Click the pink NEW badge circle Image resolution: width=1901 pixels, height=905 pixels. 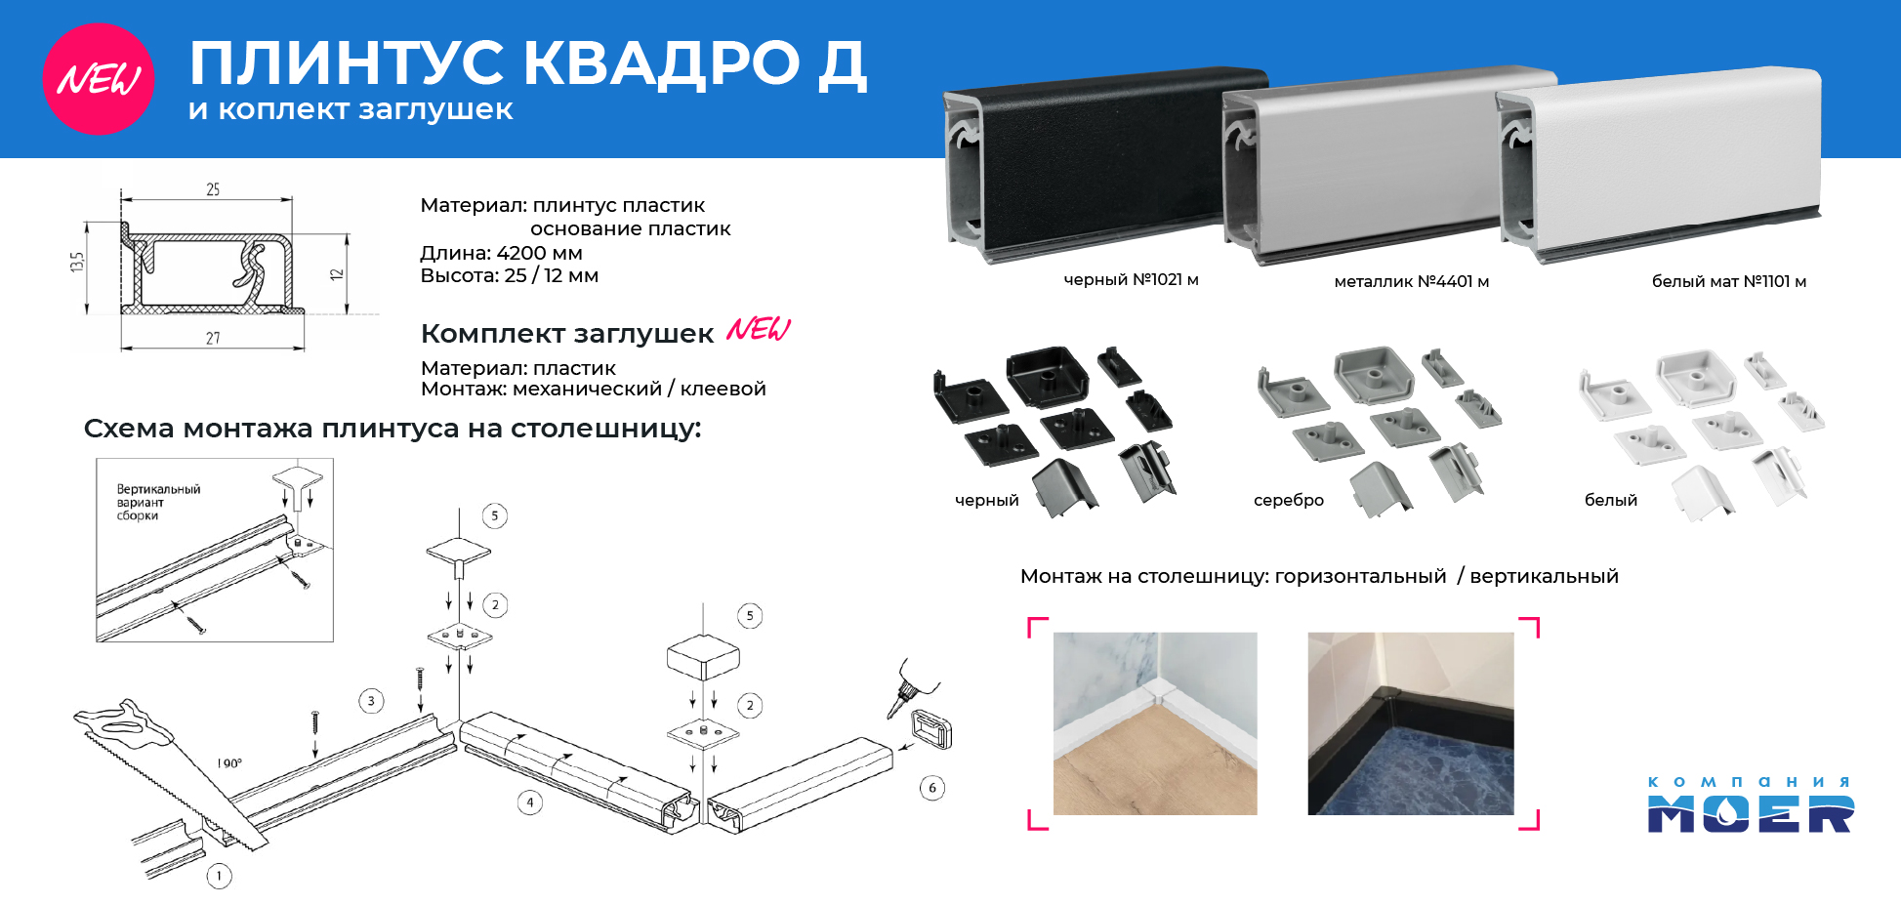coord(99,79)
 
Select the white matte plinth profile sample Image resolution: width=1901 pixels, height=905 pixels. coord(1660,161)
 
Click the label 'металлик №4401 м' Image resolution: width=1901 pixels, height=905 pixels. coord(1411,281)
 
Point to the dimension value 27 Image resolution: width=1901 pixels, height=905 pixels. coord(213,338)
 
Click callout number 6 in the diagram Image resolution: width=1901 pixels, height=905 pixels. coord(932,788)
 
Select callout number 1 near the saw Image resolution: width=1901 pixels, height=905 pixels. coord(219,876)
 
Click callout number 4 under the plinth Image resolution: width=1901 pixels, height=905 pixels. coord(530,802)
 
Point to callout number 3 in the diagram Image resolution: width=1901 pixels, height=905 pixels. coord(371,701)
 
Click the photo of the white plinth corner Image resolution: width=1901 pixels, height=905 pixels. coord(1155,723)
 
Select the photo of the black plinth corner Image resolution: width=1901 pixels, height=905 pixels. coord(1411,723)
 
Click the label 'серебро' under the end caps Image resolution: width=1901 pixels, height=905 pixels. coord(1289,500)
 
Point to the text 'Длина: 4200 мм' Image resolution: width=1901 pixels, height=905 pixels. coord(501,253)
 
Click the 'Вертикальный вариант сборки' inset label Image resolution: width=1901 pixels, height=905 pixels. coord(158,502)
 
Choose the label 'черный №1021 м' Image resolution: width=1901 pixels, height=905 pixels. coord(1131,279)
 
